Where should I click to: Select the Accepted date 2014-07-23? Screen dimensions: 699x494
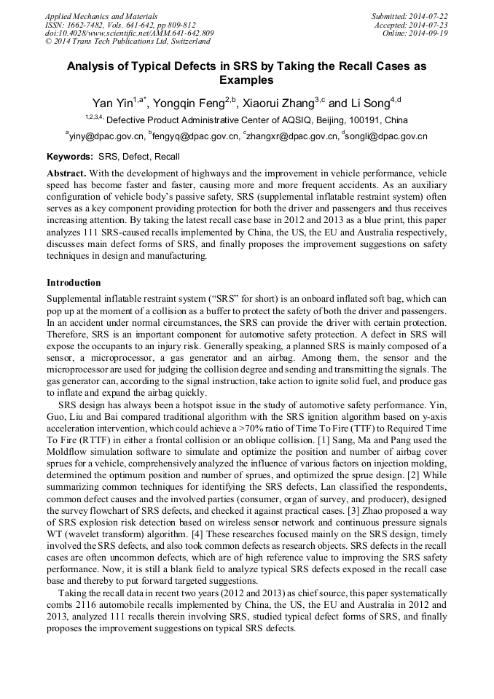click(x=430, y=24)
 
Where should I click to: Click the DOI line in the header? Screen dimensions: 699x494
click(x=129, y=33)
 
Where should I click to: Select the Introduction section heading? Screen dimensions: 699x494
click(x=74, y=282)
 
